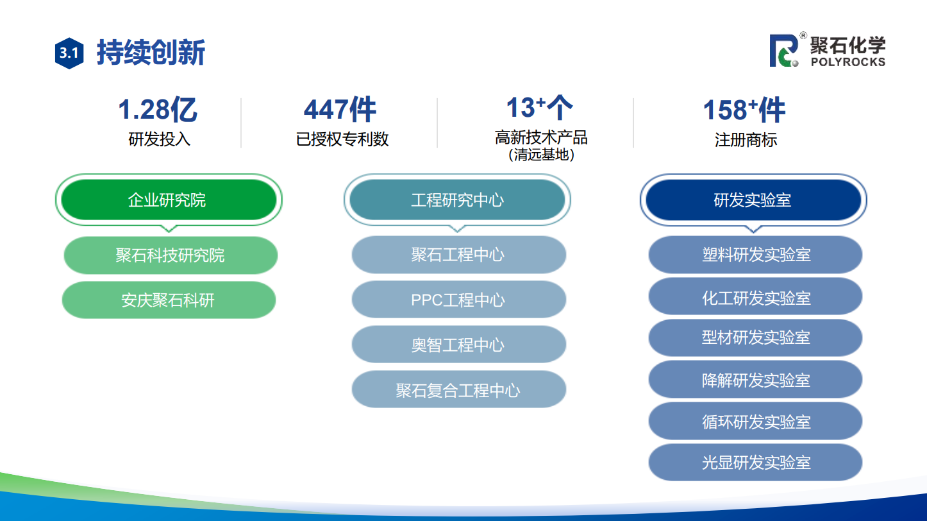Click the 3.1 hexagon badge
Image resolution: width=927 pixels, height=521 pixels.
[69, 53]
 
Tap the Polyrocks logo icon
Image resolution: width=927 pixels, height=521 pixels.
[784, 51]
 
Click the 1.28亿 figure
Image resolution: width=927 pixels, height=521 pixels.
[158, 110]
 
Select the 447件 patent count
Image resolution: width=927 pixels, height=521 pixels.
[340, 110]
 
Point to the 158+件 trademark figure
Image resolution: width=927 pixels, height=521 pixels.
[744, 110]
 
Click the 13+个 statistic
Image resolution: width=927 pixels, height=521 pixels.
[540, 107]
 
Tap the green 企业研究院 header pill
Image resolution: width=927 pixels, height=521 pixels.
[169, 200]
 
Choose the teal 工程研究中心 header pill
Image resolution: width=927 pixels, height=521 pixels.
[457, 200]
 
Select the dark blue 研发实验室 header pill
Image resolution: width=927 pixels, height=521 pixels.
[753, 200]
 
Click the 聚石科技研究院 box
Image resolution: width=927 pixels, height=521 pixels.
[171, 255]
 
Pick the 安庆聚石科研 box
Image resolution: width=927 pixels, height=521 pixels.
[169, 300]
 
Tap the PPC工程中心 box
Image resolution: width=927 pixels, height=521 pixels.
[459, 300]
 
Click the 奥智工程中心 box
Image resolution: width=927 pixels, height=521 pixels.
[459, 344]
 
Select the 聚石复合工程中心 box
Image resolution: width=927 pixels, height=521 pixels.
[459, 389]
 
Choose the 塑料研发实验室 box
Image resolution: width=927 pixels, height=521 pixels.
[755, 255]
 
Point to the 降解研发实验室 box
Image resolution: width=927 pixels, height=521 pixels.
[755, 379]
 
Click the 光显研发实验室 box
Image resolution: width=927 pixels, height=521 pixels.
[755, 462]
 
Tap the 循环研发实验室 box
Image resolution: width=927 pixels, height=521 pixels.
[755, 421]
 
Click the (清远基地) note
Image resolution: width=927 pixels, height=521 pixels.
[541, 155]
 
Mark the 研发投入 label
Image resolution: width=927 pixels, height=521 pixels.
[160, 139]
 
